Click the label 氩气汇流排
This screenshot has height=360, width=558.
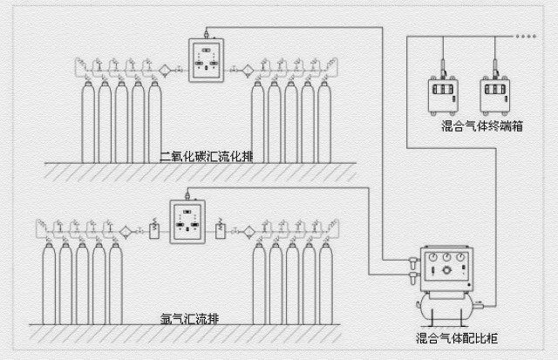[x=191, y=318]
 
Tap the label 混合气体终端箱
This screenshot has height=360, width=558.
[x=481, y=126]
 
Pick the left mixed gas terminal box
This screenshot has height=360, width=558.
[x=444, y=96]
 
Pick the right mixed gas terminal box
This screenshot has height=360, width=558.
[x=494, y=96]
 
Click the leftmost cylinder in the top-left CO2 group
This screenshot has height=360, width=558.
[x=88, y=122]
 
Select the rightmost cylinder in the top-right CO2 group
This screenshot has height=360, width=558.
[x=324, y=122]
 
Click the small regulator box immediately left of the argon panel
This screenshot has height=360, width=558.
[x=153, y=231]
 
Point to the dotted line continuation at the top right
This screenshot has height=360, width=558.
[x=527, y=37]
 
